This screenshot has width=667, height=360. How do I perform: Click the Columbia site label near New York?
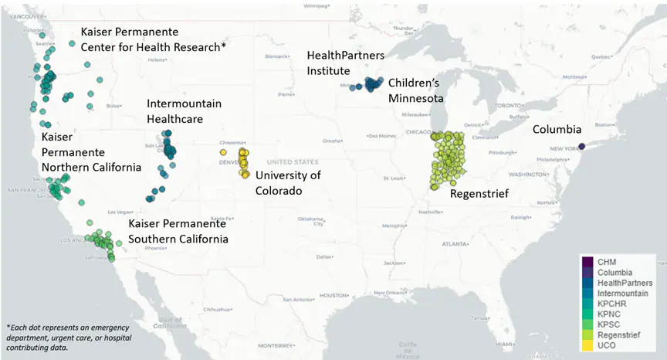tap(557, 130)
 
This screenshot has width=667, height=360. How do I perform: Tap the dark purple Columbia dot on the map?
tap(582, 146)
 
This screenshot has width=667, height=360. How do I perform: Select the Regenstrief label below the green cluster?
tap(479, 194)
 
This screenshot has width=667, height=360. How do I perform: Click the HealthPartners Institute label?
tap(346, 63)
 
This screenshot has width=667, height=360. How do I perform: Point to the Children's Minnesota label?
tap(415, 90)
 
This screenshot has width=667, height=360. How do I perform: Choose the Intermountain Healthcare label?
tap(185, 111)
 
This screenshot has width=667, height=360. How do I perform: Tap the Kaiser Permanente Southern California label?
tap(178, 231)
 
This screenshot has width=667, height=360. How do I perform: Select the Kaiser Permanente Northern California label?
tap(91, 152)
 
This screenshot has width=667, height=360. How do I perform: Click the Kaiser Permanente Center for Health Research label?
tap(153, 40)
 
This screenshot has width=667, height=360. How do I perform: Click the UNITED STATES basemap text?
tap(292, 162)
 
